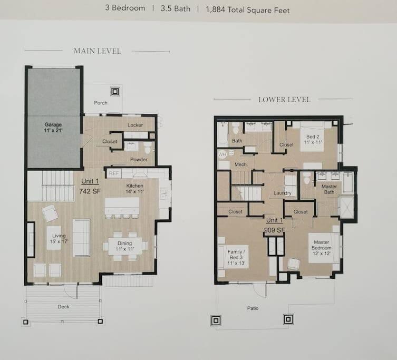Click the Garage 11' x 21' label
53,128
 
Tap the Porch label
101,103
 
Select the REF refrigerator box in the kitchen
114,173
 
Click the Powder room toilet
147,148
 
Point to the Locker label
135,125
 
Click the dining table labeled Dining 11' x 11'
125,246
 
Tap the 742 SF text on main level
90,191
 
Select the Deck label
63,307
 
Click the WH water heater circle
222,154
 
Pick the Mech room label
240,164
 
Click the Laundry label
282,193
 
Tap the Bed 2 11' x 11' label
313,139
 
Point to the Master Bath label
329,189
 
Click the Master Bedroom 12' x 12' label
321,248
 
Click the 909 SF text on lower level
275,230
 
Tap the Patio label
253,308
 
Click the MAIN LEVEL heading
97,51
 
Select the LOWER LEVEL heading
284,100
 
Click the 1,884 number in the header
215,9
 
